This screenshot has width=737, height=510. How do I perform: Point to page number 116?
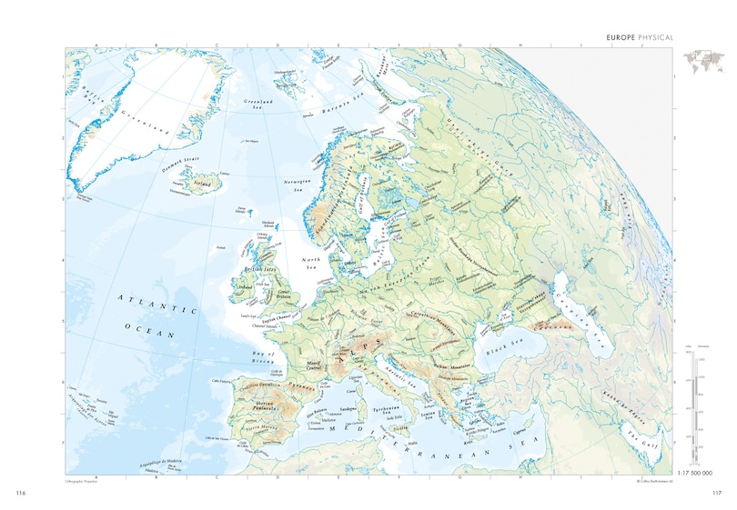pyautogui.click(x=21, y=492)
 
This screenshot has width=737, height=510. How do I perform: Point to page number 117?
pyautogui.click(x=715, y=492)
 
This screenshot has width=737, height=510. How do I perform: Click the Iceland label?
pyautogui.click(x=203, y=182)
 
